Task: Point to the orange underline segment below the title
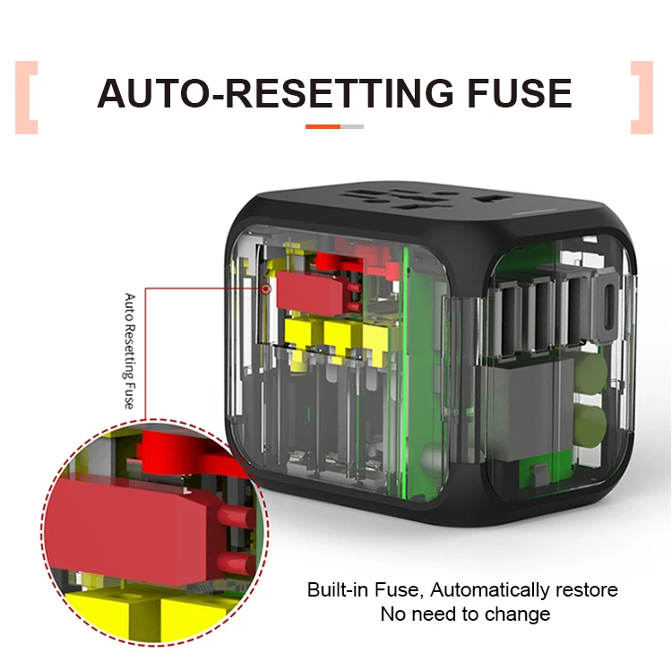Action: point(323,127)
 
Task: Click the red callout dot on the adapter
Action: point(266,288)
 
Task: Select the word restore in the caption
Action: point(584,590)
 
